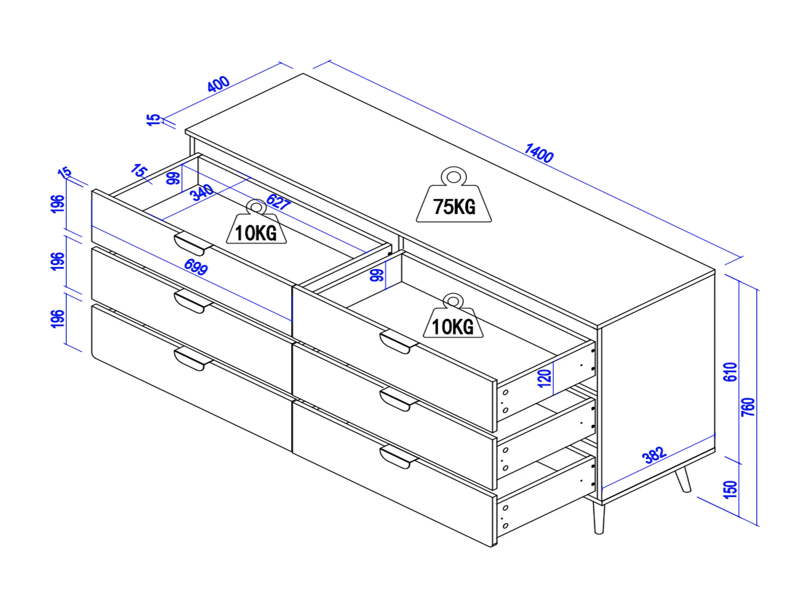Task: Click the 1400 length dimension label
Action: pos(539,152)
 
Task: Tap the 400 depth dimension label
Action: pos(219,84)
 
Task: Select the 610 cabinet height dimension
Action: pos(730,372)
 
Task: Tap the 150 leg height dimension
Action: pos(730,489)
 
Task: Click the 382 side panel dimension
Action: pos(654,455)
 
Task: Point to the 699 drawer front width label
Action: pos(196,267)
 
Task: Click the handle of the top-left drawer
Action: pos(193,244)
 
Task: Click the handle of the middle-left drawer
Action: pos(193,301)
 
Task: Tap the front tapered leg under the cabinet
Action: pos(599,518)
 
